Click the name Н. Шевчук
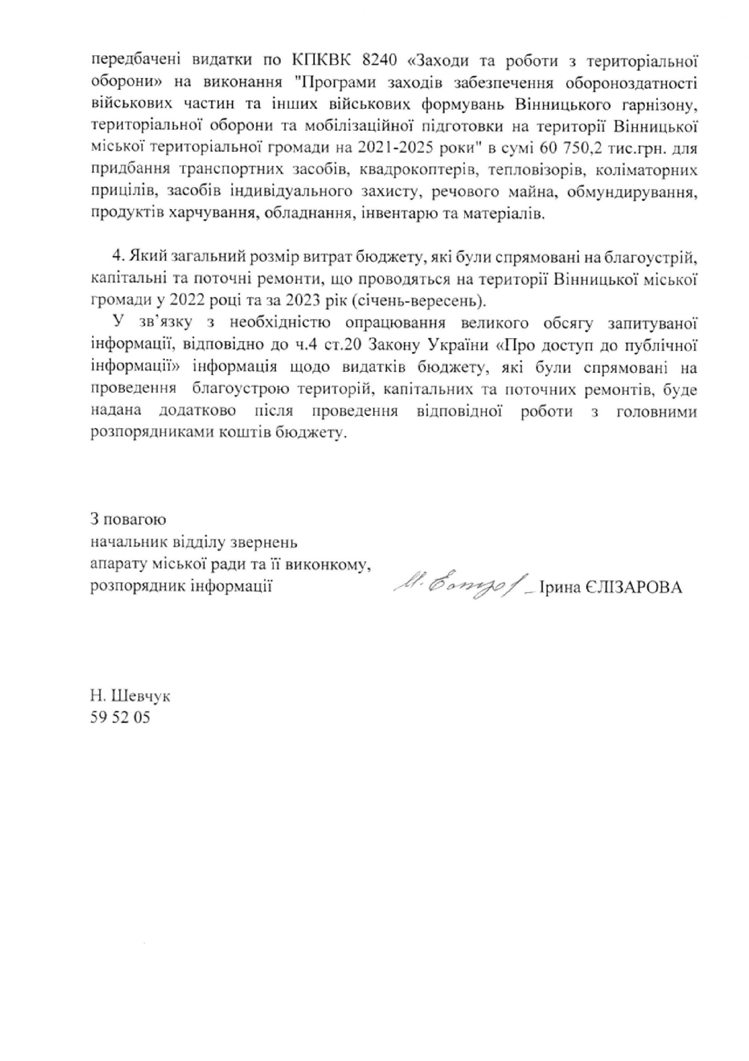point(130,696)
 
